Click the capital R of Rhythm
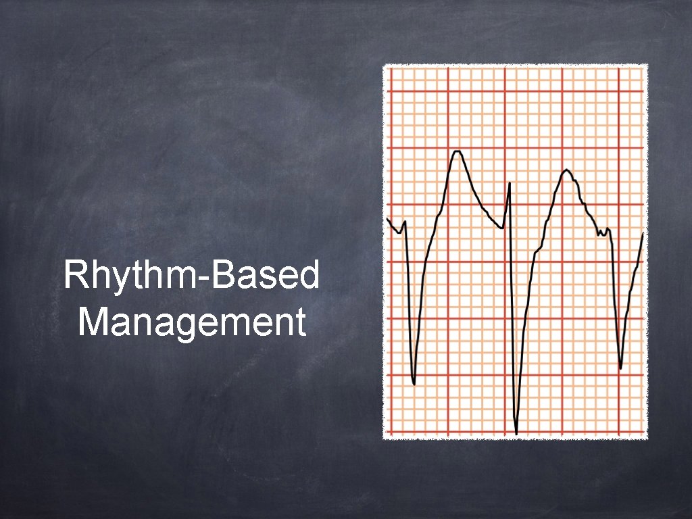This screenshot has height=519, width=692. pyautogui.click(x=73, y=276)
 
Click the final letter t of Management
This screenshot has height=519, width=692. pyautogui.click(x=299, y=322)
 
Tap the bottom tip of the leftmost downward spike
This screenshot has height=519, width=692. pyautogui.click(x=414, y=384)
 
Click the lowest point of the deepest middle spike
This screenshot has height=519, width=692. pyautogui.click(x=516, y=433)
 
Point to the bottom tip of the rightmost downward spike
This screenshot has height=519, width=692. pyautogui.click(x=620, y=368)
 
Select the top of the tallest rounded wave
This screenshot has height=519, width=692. pyautogui.click(x=458, y=151)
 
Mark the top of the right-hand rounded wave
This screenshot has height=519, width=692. pyautogui.click(x=566, y=170)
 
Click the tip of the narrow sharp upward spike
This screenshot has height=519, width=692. pyautogui.click(x=510, y=182)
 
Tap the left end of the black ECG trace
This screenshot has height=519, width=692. pyautogui.click(x=387, y=219)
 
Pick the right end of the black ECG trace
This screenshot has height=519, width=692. pyautogui.click(x=643, y=233)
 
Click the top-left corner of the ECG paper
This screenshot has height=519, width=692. pyautogui.click(x=384, y=65)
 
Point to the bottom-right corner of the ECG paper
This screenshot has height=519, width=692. pyautogui.click(x=647, y=439)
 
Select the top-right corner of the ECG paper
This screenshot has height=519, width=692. pyautogui.click(x=647, y=65)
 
